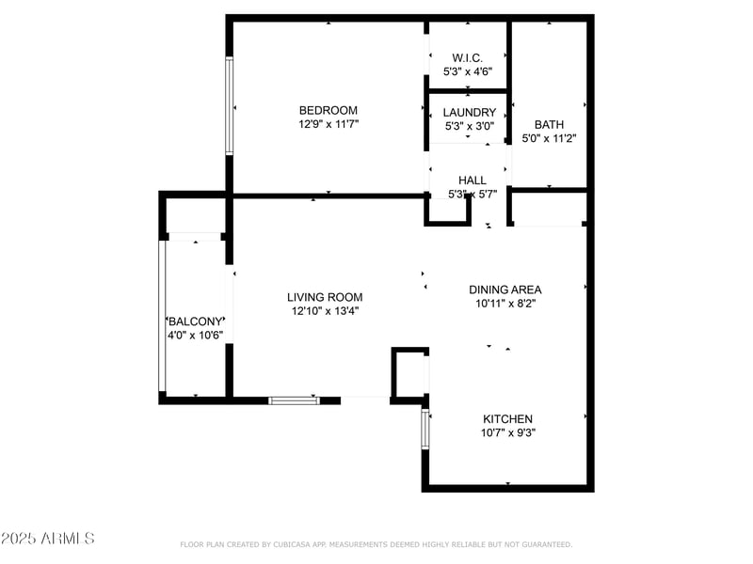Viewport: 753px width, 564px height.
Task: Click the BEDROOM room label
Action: [328, 110]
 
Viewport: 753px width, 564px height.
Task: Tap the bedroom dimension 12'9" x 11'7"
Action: [328, 124]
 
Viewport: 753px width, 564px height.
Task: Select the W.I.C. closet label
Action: [468, 58]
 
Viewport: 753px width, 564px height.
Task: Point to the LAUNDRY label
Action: [469, 113]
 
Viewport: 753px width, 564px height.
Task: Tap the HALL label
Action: [472, 180]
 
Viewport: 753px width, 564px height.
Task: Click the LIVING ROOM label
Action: [325, 297]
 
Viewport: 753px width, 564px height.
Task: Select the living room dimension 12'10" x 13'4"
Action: [325, 311]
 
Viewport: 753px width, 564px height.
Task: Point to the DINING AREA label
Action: [505, 290]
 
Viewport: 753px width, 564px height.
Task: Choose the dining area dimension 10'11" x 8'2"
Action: [505, 304]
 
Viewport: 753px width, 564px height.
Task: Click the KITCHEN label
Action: [508, 419]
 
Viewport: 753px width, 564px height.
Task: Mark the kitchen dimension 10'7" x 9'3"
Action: [508, 433]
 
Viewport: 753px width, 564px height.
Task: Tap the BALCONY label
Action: [195, 321]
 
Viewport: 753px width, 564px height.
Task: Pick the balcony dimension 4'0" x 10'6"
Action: [195, 335]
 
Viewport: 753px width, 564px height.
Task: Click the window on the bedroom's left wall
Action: [229, 106]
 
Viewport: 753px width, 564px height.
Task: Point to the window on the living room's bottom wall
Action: [295, 400]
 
